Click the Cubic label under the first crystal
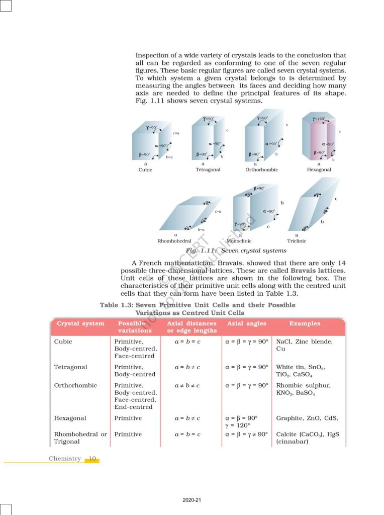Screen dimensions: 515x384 pyautogui.click(x=145, y=170)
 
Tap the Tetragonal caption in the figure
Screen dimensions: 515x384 pyautogui.click(x=208, y=170)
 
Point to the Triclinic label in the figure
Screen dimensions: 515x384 pyautogui.click(x=297, y=241)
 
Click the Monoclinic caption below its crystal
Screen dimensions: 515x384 pyautogui.click(x=239, y=241)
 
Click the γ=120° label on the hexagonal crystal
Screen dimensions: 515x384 pyautogui.click(x=319, y=119)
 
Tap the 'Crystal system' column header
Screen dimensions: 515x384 pyautogui.click(x=81, y=323)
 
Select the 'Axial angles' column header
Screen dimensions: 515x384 pyautogui.click(x=247, y=323)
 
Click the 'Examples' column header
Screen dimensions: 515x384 pyautogui.click(x=305, y=323)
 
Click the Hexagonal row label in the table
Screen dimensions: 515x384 pyautogui.click(x=70, y=418)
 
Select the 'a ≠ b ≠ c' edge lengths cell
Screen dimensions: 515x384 pyautogui.click(x=187, y=386)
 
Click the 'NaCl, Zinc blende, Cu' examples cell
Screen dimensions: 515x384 pyautogui.click(x=304, y=345)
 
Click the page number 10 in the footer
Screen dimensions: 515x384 pyautogui.click(x=92, y=459)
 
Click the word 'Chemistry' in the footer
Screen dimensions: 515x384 pyautogui.click(x=65, y=459)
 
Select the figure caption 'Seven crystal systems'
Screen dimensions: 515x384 pyautogui.click(x=253, y=250)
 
